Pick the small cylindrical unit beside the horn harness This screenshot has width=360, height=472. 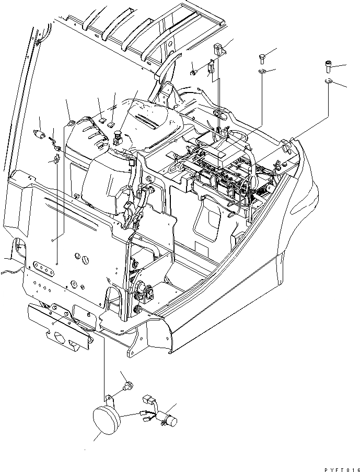click(x=170, y=419)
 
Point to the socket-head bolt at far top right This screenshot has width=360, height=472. click(x=328, y=66)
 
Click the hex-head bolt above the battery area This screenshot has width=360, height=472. click(x=262, y=57)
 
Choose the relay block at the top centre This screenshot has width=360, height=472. click(x=219, y=50)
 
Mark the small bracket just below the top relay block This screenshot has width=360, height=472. click(x=211, y=67)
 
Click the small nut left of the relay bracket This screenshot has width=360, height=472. click(x=193, y=72)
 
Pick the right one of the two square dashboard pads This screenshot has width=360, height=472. click(x=112, y=123)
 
